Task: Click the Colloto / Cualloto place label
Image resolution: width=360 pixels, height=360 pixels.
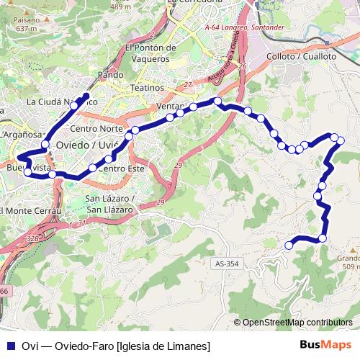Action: (301, 55)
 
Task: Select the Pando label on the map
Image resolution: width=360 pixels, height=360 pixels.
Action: (110, 74)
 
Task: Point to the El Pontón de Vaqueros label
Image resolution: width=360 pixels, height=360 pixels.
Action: (150, 53)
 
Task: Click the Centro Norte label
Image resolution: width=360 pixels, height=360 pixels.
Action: (96, 129)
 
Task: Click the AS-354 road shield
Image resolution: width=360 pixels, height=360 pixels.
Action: (225, 264)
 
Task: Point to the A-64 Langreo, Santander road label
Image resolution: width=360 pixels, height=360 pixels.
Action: (245, 27)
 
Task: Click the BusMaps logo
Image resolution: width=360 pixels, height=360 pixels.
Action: (326, 345)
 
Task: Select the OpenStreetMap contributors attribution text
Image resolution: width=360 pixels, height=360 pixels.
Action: (297, 323)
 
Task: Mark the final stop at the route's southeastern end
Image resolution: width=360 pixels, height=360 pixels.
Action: (289, 246)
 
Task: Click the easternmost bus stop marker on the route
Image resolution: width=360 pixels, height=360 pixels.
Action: (341, 140)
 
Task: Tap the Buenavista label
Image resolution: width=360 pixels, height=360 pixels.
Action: (29, 168)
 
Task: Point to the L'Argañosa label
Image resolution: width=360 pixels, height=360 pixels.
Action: (22, 135)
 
